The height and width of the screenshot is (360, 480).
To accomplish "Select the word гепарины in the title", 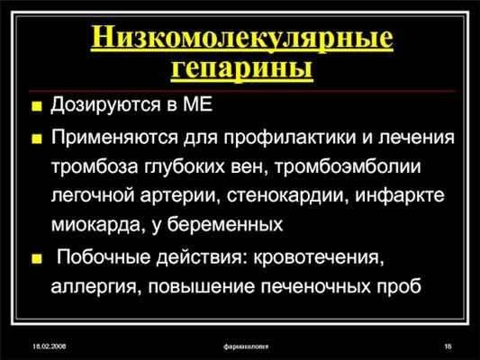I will (242, 68).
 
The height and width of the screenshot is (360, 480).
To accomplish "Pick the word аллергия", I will (91, 288).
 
